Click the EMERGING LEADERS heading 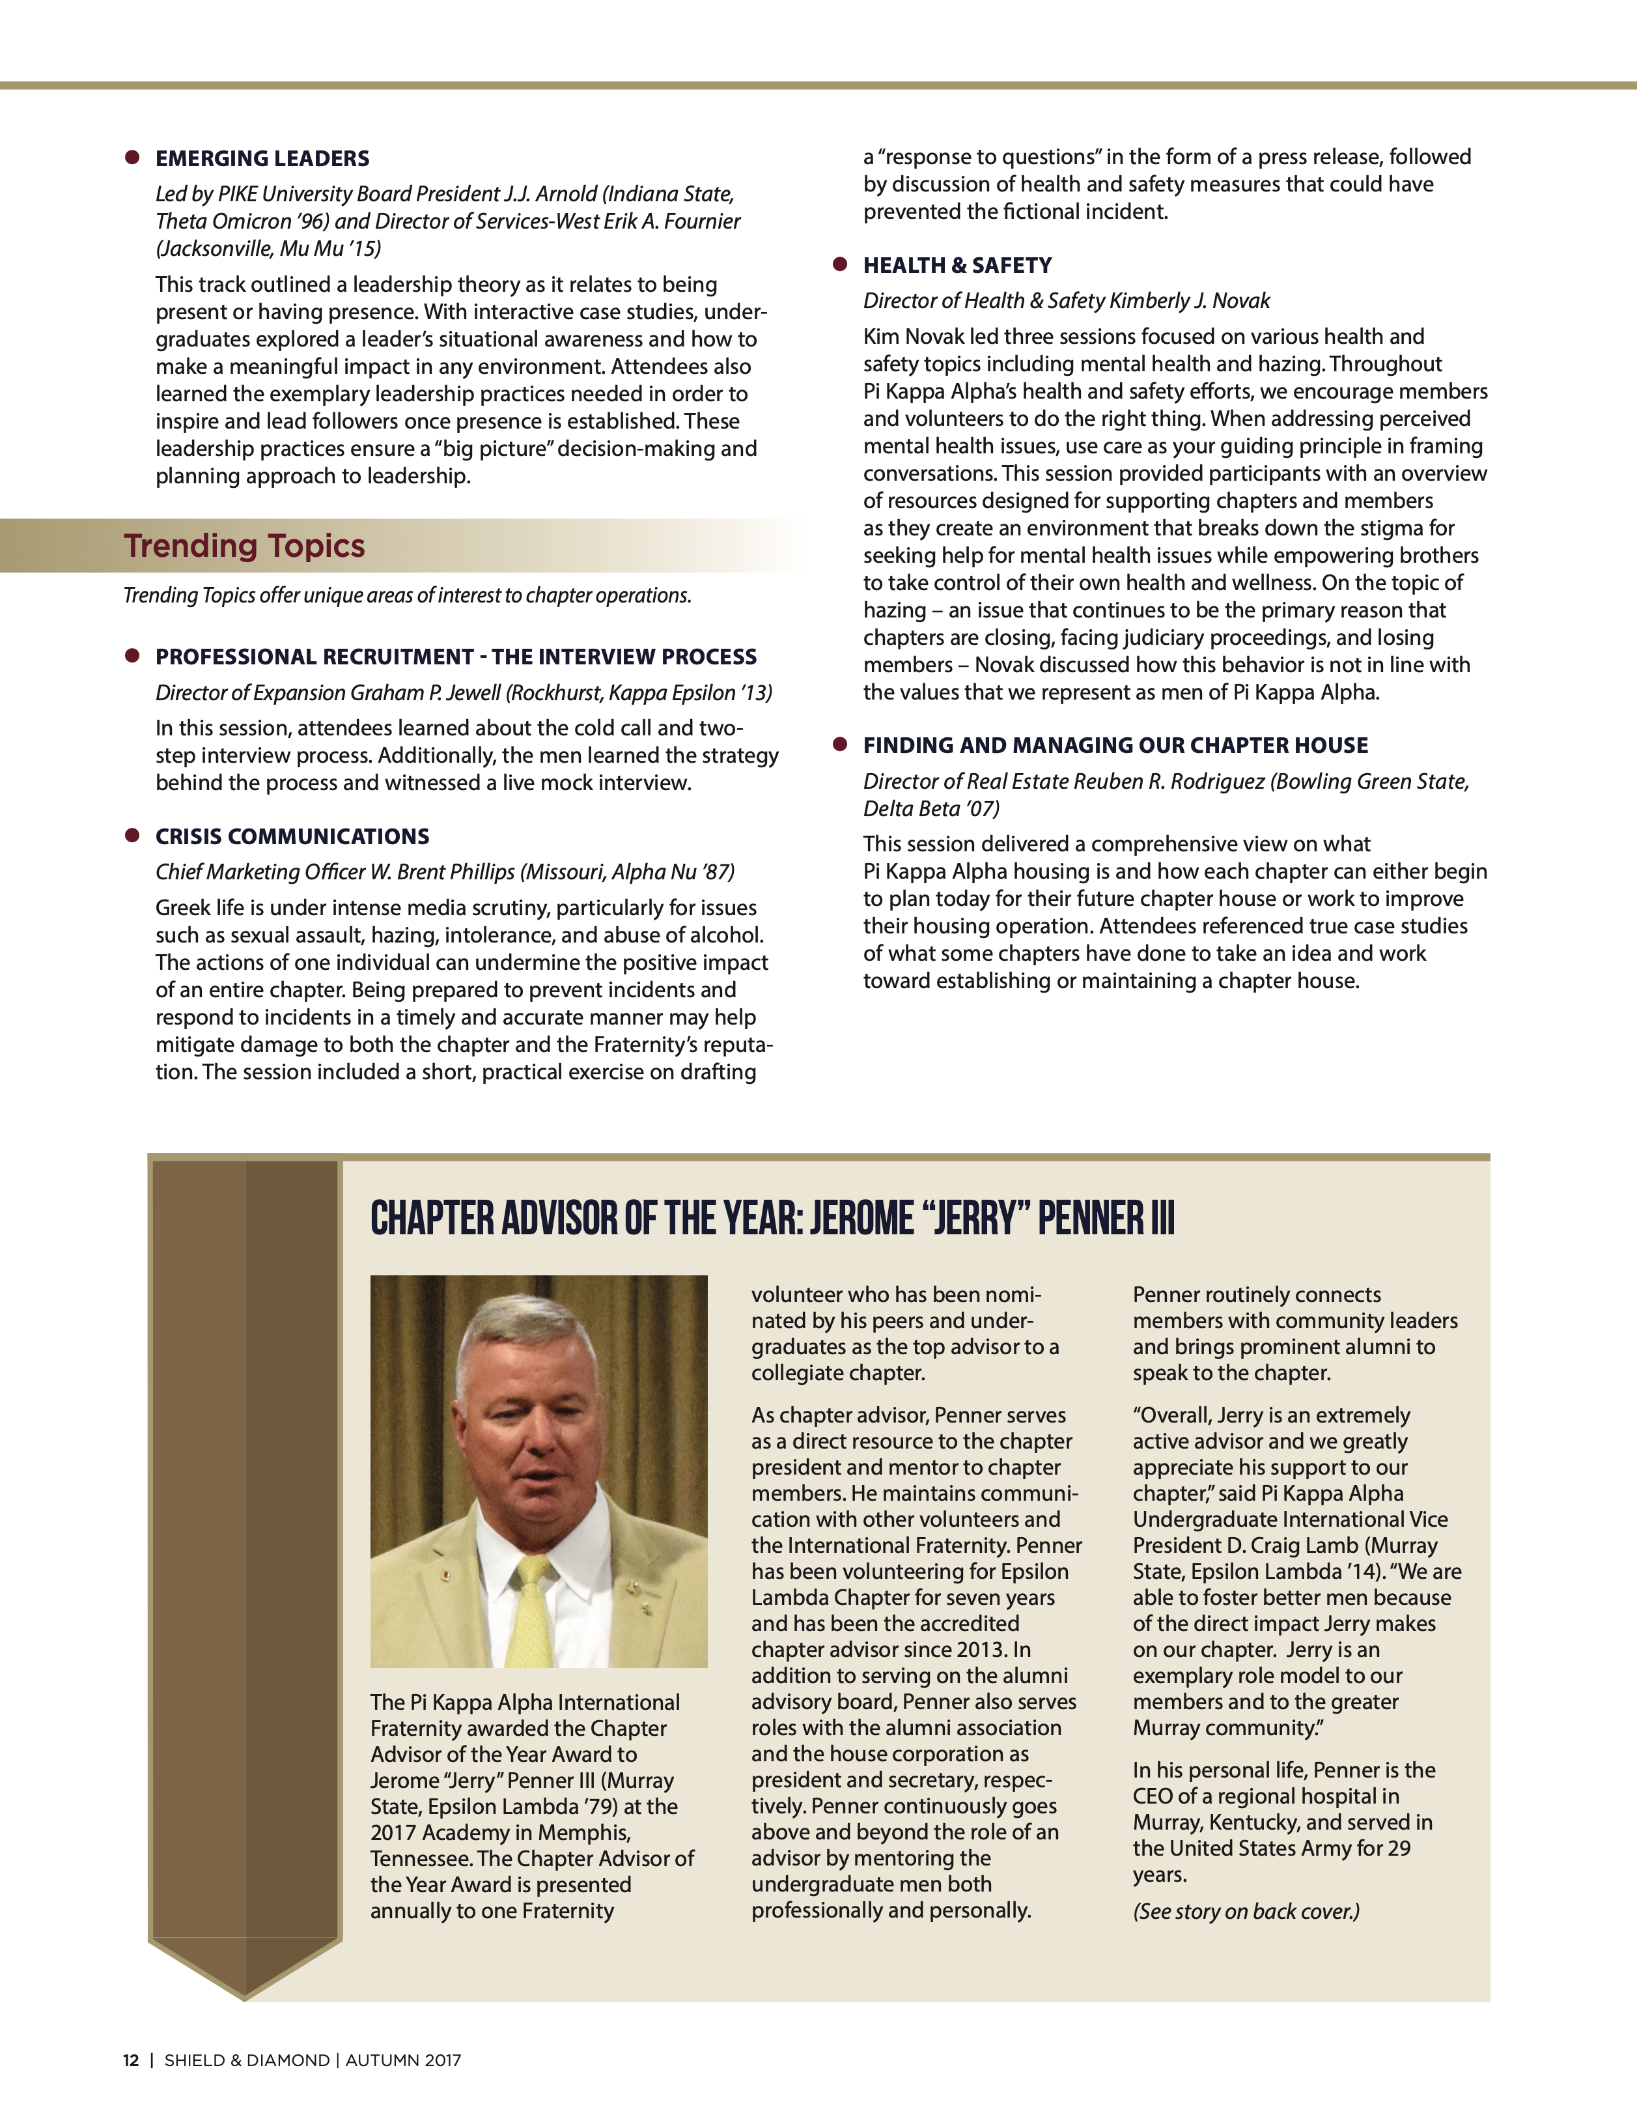pyautogui.click(x=262, y=159)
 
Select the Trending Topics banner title pyautogui.click(x=244, y=546)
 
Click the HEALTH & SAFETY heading pyautogui.click(x=957, y=266)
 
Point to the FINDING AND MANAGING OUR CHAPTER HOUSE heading pyautogui.click(x=1115, y=746)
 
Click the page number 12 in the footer pyautogui.click(x=130, y=2060)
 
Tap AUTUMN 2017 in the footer pyautogui.click(x=403, y=2060)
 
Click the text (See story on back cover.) pyautogui.click(x=1246, y=1911)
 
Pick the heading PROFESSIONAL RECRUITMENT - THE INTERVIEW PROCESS pyautogui.click(x=455, y=657)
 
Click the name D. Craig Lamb pyautogui.click(x=1287, y=1546)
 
